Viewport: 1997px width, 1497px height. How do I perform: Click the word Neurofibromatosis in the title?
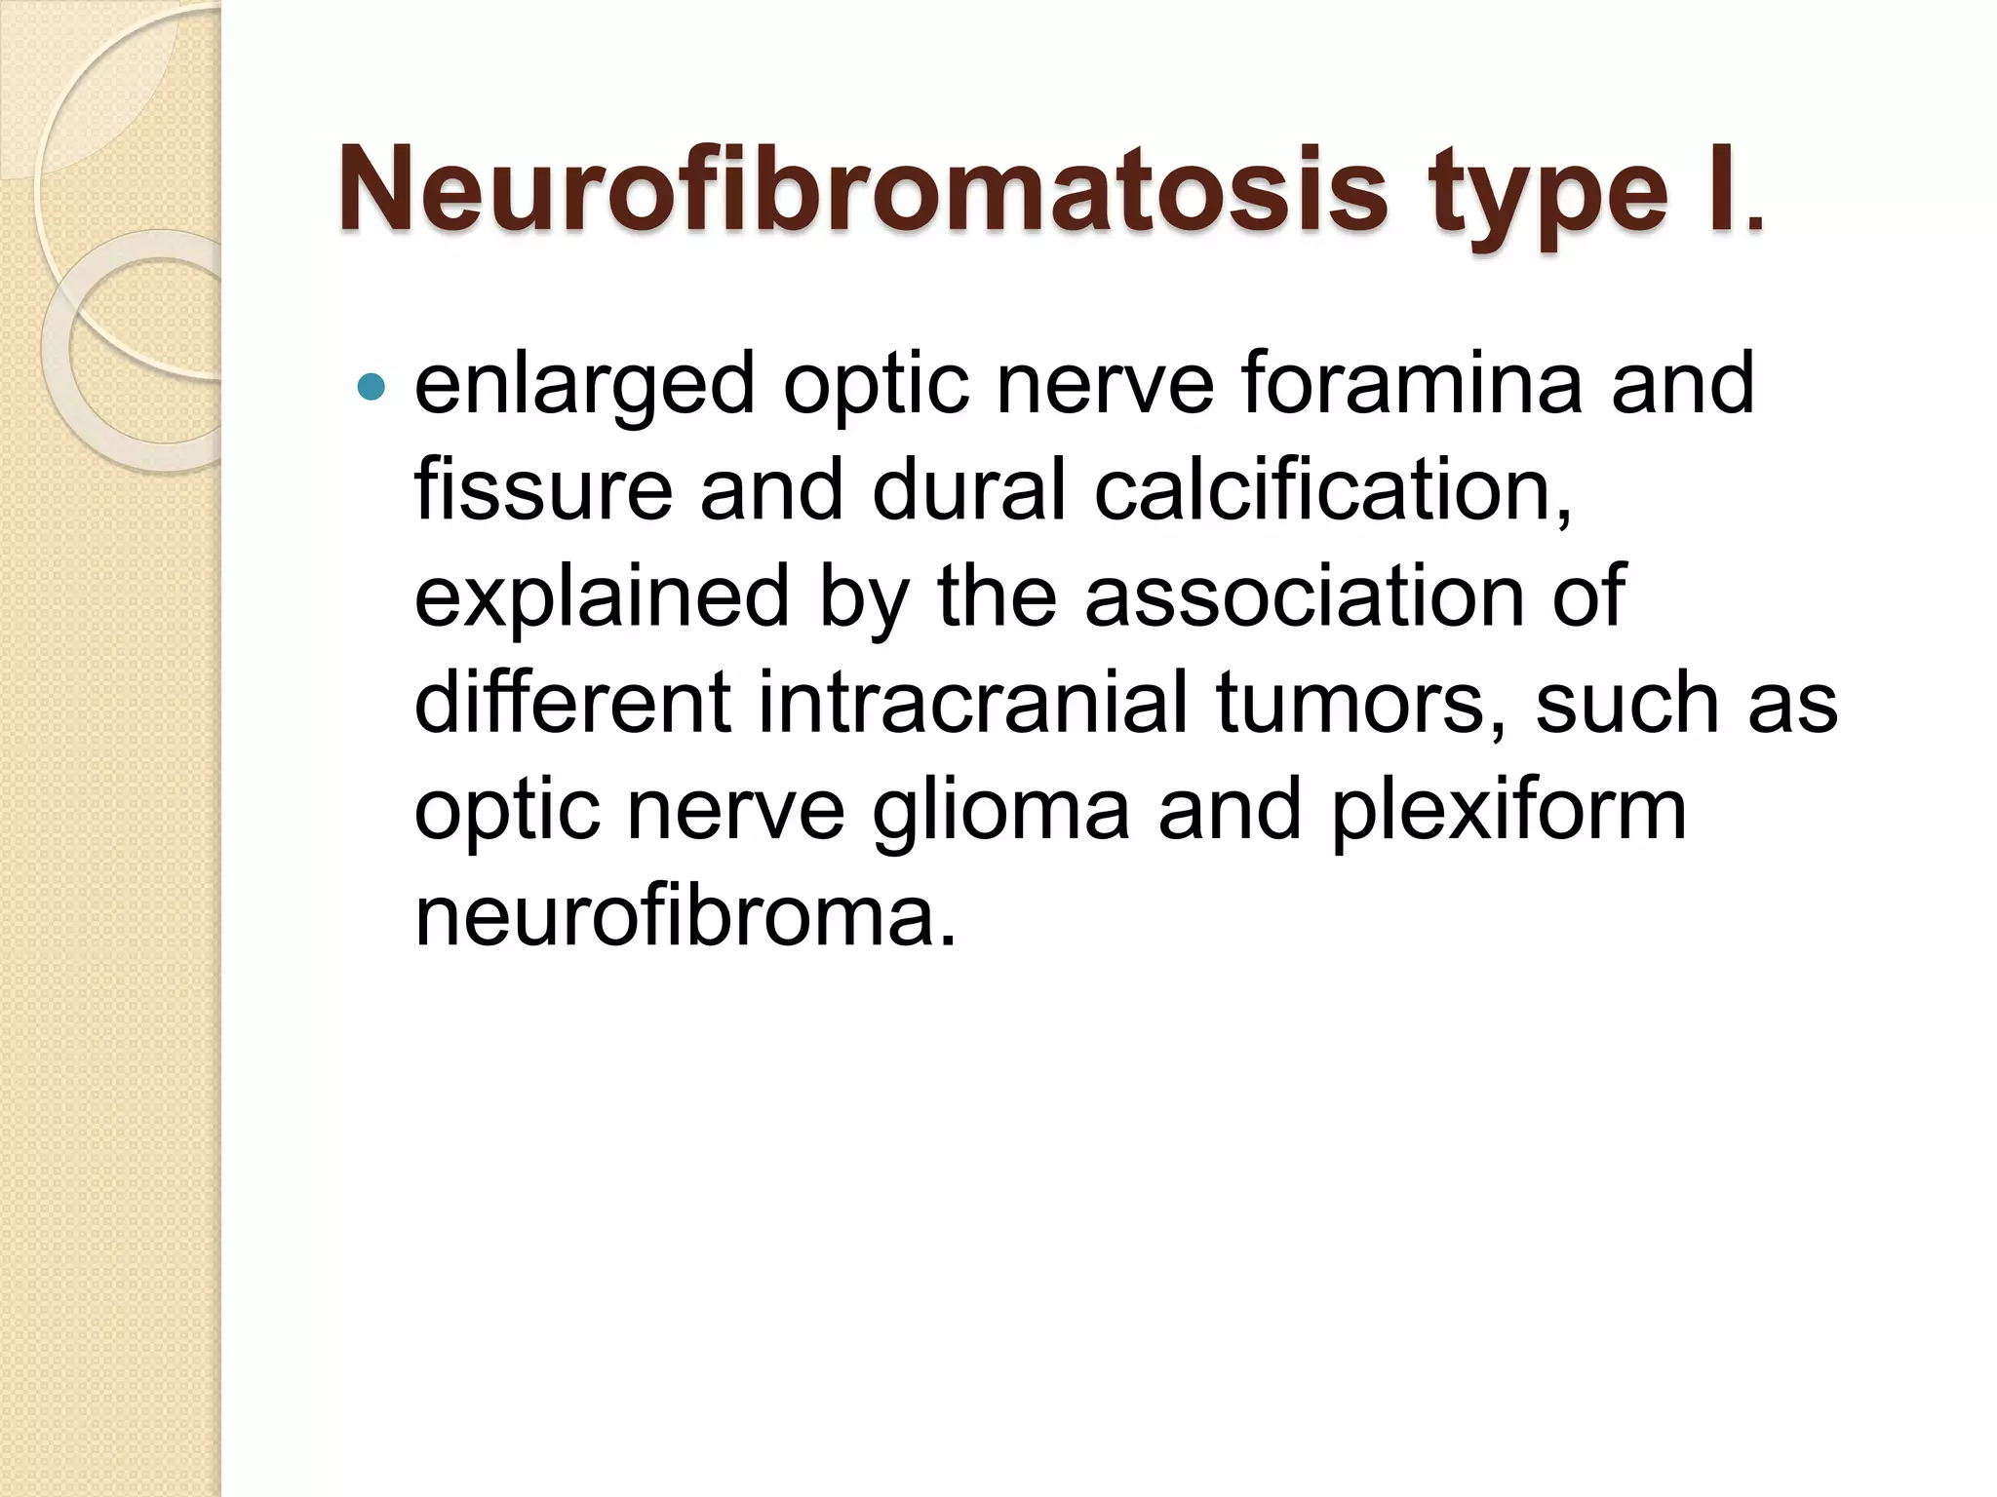[862, 190]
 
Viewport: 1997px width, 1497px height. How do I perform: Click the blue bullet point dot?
[372, 388]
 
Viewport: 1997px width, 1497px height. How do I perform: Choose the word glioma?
[1000, 811]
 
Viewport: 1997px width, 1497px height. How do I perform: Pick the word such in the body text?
[1625, 703]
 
